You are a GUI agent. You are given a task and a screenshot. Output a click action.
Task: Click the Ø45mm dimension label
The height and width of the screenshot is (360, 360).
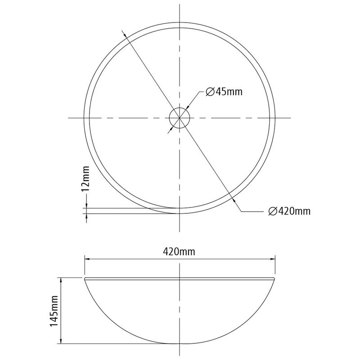click(x=224, y=92)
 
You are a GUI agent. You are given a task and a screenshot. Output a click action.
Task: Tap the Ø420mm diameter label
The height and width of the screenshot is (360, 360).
click(x=289, y=211)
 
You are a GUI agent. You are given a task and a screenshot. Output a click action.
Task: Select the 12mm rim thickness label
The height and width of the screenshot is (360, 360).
click(x=85, y=179)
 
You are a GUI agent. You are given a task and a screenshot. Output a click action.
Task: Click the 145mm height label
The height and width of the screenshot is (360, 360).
click(x=54, y=311)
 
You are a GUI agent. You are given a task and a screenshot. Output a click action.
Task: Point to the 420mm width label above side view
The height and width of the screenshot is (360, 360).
click(x=179, y=252)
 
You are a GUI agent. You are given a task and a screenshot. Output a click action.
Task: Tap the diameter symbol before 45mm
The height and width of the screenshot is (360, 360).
click(x=210, y=92)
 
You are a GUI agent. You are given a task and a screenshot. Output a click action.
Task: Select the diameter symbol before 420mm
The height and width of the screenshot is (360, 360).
click(x=273, y=211)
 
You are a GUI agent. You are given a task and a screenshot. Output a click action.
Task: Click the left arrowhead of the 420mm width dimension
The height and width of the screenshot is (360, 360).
click(x=87, y=259)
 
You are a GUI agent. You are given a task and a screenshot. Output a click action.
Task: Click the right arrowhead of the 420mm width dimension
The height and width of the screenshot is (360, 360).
click(x=273, y=259)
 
